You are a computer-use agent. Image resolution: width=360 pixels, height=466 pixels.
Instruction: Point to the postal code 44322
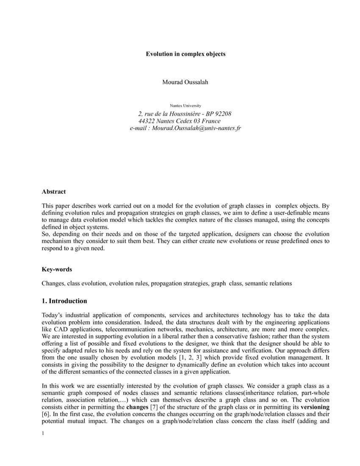click(x=147, y=121)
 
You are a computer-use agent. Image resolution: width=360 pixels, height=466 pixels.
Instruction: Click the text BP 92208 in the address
click(x=219, y=114)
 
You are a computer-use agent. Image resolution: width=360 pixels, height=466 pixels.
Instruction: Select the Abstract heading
click(x=53, y=192)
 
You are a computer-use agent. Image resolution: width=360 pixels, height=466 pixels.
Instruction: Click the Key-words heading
click(x=56, y=269)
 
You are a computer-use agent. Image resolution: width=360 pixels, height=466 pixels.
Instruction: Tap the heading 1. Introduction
click(x=64, y=301)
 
